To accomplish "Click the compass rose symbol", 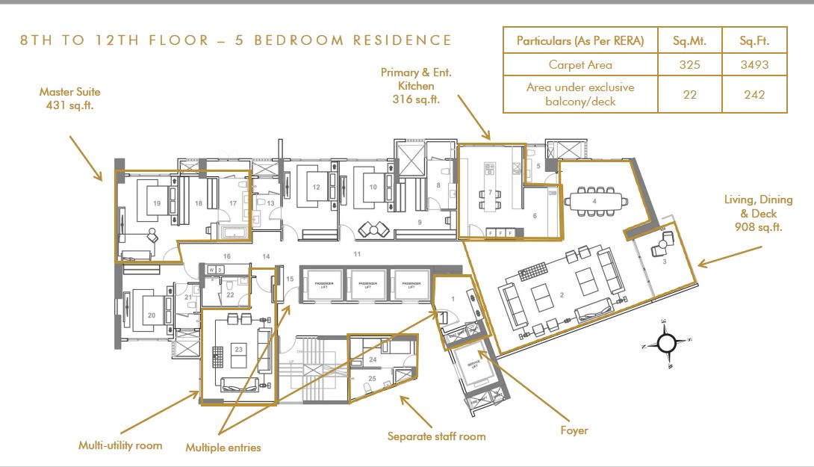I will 666,343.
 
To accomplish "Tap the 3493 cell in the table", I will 754,65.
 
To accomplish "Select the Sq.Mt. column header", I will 689,40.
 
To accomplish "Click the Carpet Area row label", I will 580,65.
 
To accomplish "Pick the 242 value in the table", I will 754,94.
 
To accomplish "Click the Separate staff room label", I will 436,436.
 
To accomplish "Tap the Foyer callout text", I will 574,430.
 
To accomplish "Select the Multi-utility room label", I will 120,445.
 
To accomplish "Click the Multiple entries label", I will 223,448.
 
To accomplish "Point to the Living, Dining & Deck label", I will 753,213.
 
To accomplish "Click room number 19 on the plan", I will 157,202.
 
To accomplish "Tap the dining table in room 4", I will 594,202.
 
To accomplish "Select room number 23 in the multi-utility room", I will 238,348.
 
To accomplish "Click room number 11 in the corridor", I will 357,255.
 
